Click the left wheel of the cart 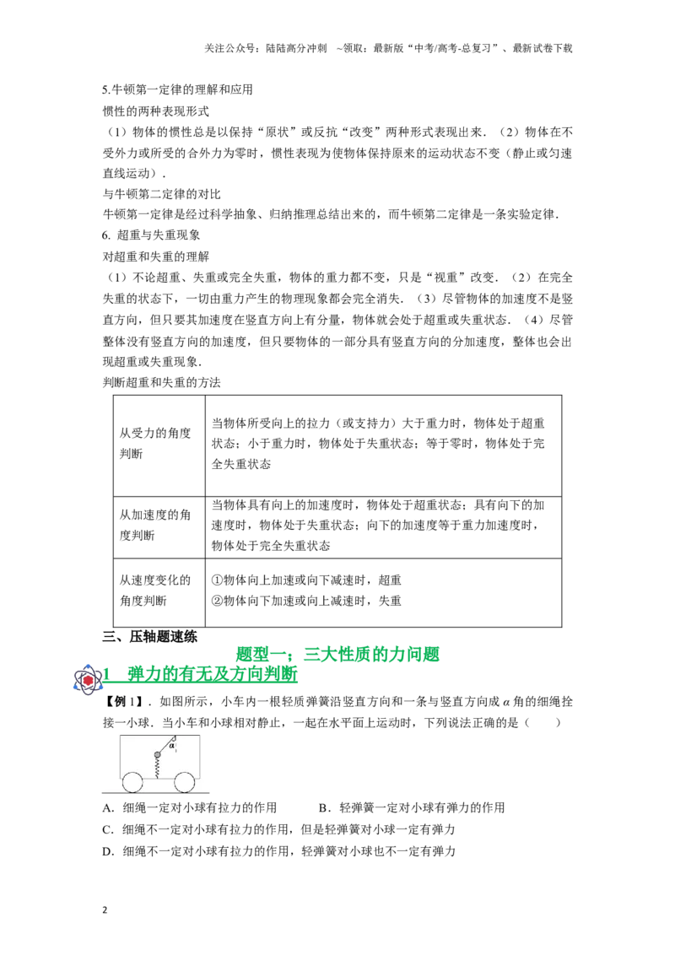click(x=132, y=783)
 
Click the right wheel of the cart click(x=184, y=783)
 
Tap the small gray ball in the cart click(x=157, y=755)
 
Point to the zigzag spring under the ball click(x=157, y=768)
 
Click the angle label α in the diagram click(x=172, y=744)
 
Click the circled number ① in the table click(x=218, y=580)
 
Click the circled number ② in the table click(x=218, y=602)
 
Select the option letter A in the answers click(x=108, y=808)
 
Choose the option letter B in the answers click(x=323, y=808)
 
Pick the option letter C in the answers click(x=108, y=829)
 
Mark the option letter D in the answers click(x=108, y=851)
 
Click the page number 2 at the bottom click(x=105, y=910)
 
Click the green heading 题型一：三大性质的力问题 click(x=337, y=655)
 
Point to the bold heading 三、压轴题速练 click(x=150, y=637)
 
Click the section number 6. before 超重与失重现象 click(x=106, y=235)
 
